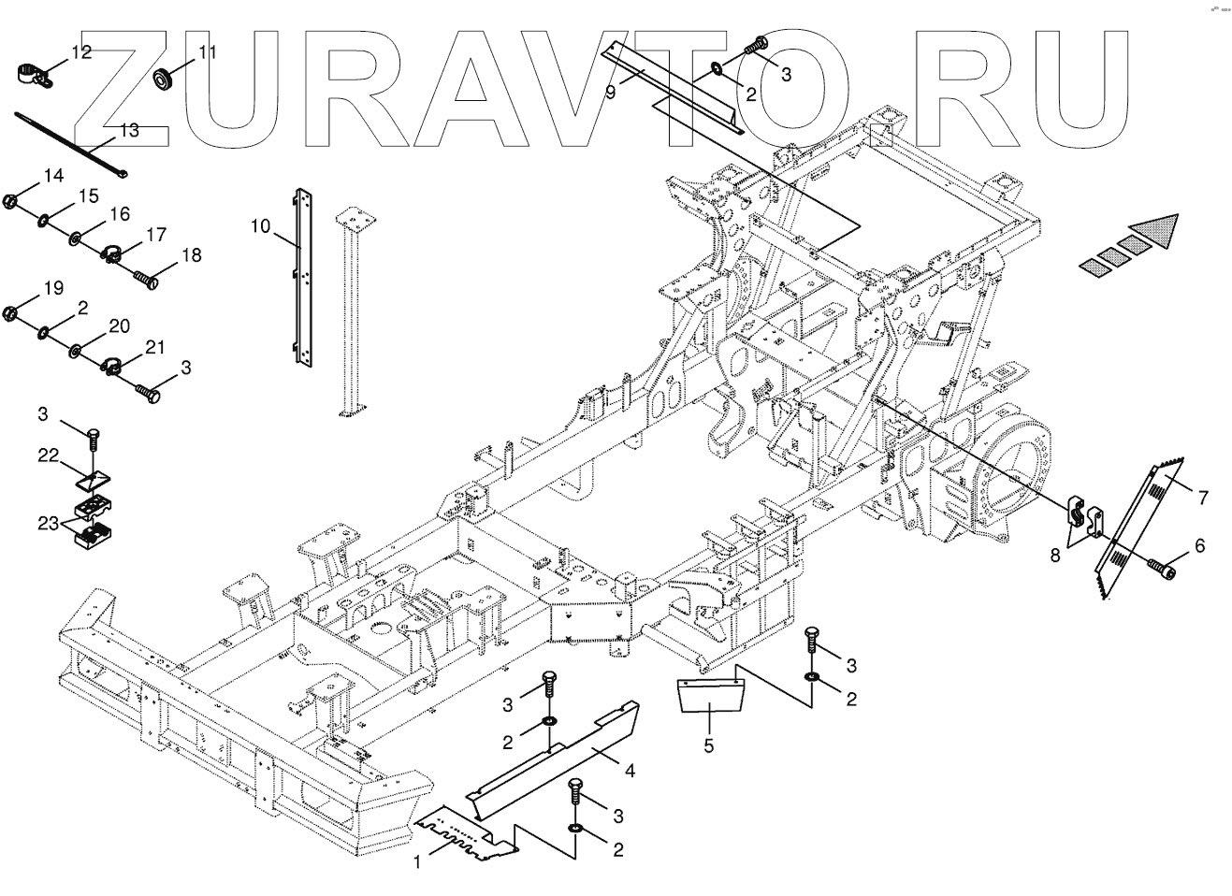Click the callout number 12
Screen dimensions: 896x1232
pos(81,52)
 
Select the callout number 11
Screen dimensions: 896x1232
pos(207,52)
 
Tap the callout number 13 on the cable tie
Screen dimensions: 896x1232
pos(129,130)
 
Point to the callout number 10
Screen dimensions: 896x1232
pos(260,225)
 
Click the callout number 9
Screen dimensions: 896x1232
pos(610,91)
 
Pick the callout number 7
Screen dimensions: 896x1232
pos(1201,498)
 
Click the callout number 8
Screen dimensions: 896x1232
pos(1056,555)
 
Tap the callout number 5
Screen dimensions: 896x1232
pos(709,745)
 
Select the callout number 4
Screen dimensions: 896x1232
pos(630,772)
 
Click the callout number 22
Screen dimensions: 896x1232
pos(49,455)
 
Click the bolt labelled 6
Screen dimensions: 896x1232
pos(1160,565)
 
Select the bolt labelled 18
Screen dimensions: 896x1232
pos(145,278)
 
